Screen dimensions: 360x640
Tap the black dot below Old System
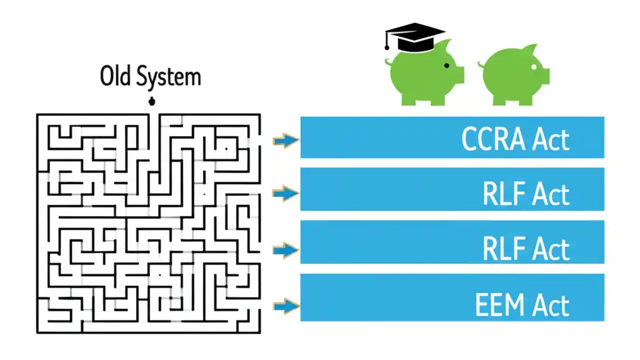(151, 102)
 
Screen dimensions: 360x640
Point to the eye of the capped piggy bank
(446, 65)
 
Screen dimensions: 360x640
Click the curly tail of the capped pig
(387, 62)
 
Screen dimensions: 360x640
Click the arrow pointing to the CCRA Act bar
(285, 140)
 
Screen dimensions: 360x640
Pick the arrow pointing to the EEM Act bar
(285, 305)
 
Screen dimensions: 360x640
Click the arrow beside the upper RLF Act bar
(285, 192)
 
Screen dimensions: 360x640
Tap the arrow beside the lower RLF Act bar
(285, 249)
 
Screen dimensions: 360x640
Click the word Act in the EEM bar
(550, 305)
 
